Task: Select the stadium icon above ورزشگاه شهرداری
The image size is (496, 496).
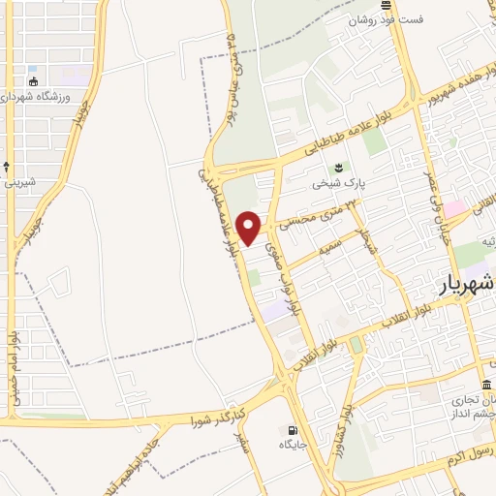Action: point(35,82)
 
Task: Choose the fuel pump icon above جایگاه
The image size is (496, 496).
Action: point(291,431)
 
